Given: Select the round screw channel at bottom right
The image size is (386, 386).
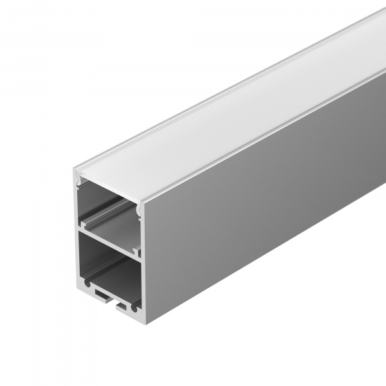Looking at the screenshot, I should pos(133,309).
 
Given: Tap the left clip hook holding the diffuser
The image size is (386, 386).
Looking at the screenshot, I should pos(80,185).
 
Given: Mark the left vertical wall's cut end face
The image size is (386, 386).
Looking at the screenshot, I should pos(77,225).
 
